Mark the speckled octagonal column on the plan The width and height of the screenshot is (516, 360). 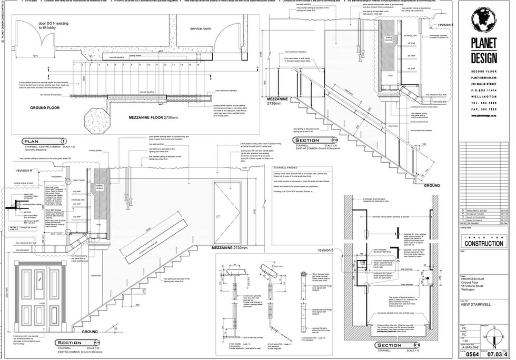click(97, 113)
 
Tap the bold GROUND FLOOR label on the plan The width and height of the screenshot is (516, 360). click(45, 107)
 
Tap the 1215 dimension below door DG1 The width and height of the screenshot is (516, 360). click(34, 55)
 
